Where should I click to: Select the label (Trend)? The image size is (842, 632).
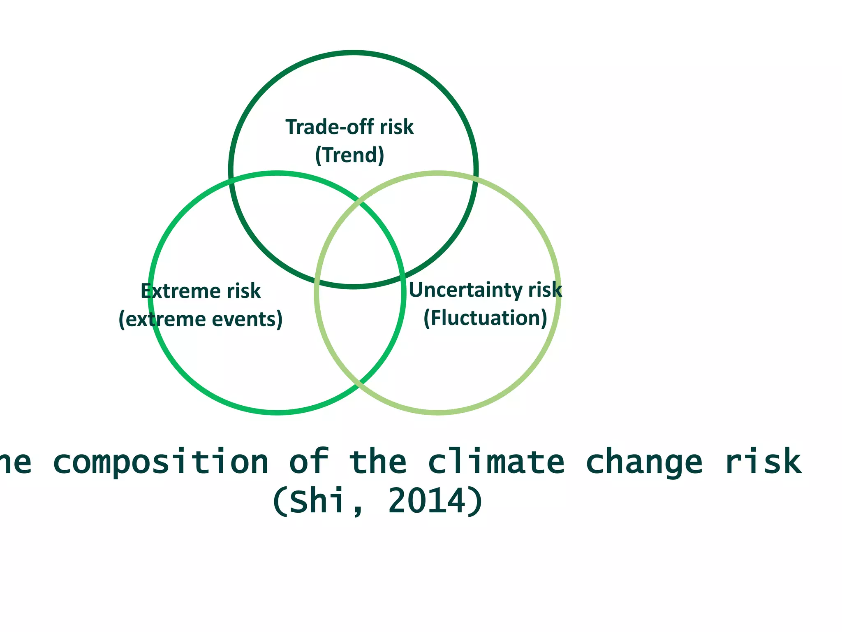tap(350, 155)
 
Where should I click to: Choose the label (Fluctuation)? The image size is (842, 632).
tap(486, 318)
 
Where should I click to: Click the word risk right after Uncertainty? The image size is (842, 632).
tap(545, 290)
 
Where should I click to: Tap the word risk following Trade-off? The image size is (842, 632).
tap(397, 127)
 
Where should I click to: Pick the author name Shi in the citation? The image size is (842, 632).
tap(317, 501)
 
